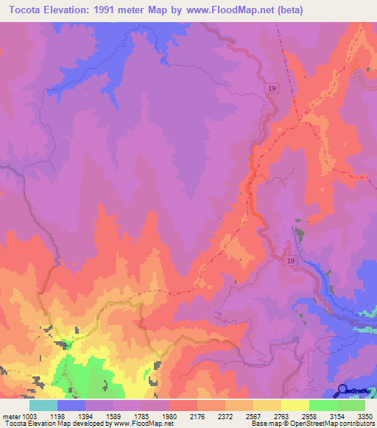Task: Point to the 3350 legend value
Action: (365, 416)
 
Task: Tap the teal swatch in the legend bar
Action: (43, 405)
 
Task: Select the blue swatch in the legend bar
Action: (71, 405)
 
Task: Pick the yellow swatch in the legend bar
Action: (295, 405)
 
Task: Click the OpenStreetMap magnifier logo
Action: (343, 390)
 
